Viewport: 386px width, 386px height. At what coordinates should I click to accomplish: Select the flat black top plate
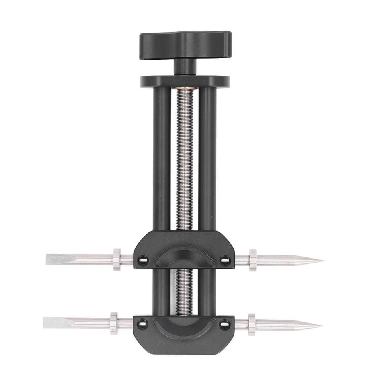click(x=185, y=81)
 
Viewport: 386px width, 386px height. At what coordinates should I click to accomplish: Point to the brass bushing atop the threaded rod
click(x=185, y=89)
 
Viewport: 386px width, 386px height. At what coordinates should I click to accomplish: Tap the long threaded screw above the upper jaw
click(x=185, y=161)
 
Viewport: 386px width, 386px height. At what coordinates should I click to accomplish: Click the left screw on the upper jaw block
click(x=142, y=260)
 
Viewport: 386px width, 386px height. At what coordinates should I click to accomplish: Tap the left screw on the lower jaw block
click(x=142, y=322)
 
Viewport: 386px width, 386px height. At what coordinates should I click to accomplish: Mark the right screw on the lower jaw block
click(x=225, y=323)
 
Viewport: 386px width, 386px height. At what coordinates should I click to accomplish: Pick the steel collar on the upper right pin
click(x=253, y=260)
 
